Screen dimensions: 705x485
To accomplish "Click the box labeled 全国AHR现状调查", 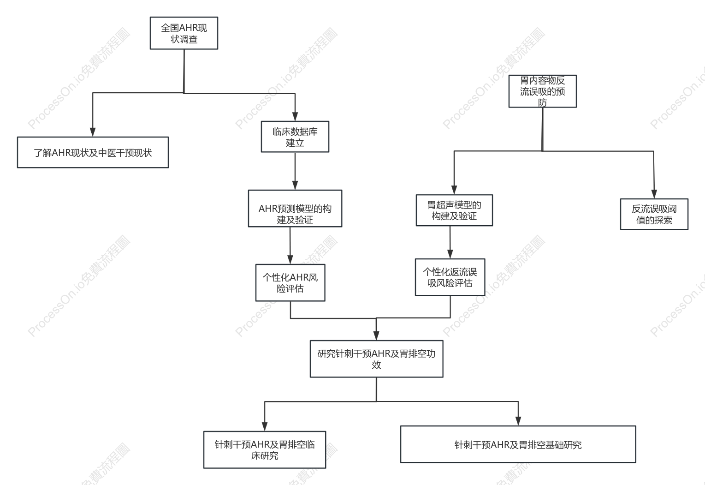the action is [x=184, y=33].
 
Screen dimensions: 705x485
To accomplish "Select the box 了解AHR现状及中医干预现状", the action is [x=93, y=152].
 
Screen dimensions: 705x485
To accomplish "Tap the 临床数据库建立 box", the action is [x=295, y=137].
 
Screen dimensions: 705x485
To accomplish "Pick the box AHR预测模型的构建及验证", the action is [x=295, y=209].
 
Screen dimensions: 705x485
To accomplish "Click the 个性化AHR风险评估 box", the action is [x=290, y=283].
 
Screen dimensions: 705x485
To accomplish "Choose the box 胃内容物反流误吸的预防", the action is [x=543, y=91].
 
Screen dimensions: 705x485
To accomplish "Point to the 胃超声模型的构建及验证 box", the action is [x=454, y=210].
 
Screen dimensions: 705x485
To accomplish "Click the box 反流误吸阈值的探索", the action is [x=654, y=214].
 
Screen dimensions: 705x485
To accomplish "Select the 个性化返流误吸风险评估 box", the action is [x=450, y=277].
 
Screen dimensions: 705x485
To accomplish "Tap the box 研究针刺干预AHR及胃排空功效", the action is [x=376, y=359].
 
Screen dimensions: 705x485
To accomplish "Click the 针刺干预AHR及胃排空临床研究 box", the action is [x=265, y=450].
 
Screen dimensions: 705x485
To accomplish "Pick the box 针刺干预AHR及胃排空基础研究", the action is [x=518, y=444].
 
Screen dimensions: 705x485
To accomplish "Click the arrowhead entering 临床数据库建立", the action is [x=295, y=117].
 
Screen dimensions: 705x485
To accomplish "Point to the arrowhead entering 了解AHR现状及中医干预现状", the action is [x=93, y=132].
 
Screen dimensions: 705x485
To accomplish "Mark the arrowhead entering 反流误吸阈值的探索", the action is [x=654, y=194].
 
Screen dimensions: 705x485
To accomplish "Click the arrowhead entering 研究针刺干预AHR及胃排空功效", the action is [x=376, y=336].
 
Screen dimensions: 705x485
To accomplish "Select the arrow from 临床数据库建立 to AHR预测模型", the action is [x=295, y=171].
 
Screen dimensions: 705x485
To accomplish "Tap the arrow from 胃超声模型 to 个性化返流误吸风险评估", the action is [x=450, y=242].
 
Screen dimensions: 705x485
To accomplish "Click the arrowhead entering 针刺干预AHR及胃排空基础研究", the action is [x=518, y=421].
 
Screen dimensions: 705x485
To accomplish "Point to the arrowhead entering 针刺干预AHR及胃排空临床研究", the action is [x=265, y=427].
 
